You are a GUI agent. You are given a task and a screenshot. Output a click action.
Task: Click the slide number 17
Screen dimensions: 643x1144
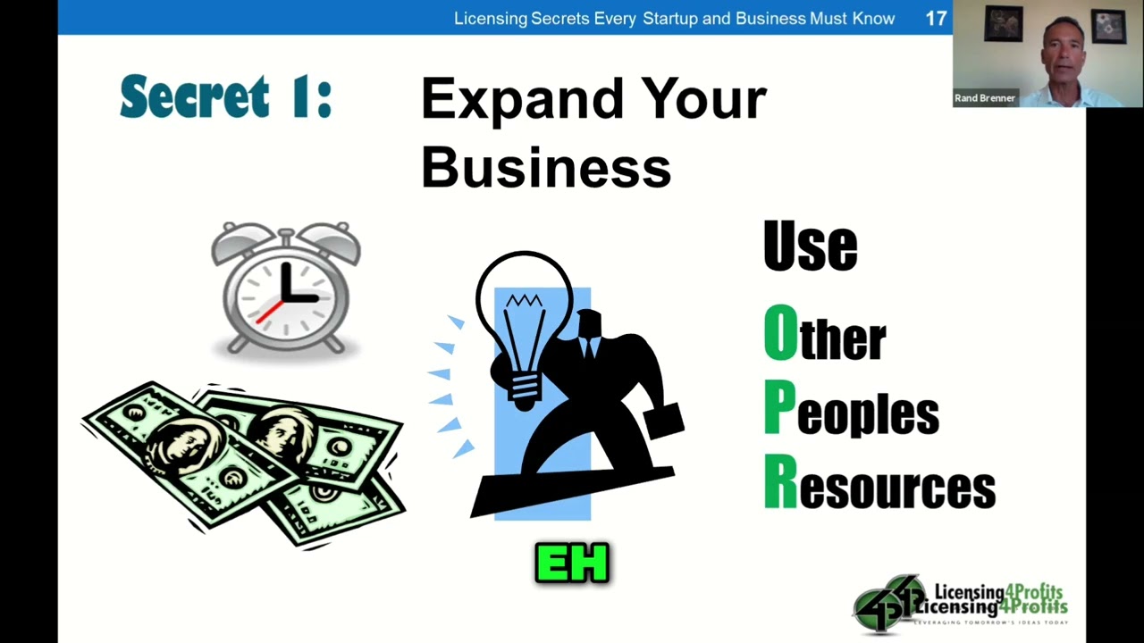(936, 18)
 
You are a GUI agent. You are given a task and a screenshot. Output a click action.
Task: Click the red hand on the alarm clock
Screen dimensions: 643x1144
(269, 311)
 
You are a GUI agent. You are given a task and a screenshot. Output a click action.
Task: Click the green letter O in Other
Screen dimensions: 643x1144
(780, 333)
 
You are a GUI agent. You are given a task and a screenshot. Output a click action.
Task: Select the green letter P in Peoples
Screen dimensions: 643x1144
(779, 408)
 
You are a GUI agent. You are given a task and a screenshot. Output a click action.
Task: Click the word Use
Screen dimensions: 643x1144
(810, 246)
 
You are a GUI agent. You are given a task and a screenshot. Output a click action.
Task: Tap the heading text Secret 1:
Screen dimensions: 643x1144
(225, 97)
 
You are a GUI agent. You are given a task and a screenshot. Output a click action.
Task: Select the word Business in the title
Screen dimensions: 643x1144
(545, 166)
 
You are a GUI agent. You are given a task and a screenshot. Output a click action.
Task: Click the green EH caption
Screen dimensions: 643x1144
(572, 564)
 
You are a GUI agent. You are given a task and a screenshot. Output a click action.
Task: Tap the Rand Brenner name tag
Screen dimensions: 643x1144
(985, 98)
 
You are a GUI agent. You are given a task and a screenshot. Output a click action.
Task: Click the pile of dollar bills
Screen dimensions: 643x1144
(243, 460)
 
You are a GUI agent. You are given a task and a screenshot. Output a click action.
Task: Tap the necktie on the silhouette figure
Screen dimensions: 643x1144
(588, 347)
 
